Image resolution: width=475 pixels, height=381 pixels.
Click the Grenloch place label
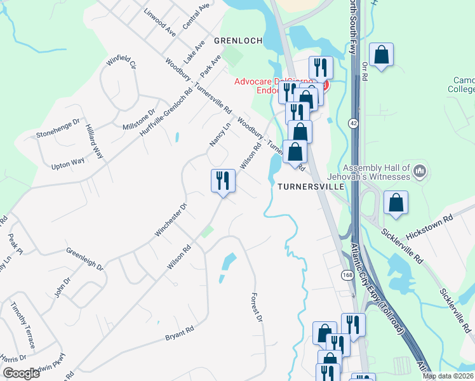(x=238, y=41)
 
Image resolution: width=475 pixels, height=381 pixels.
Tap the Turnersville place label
(x=311, y=187)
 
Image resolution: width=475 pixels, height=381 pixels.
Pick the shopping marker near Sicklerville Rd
(x=396, y=203)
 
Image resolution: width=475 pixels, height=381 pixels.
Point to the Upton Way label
(x=68, y=163)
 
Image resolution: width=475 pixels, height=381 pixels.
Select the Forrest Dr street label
(x=257, y=307)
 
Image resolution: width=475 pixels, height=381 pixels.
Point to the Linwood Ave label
(x=159, y=22)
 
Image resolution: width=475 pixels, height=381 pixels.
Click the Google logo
(x=20, y=373)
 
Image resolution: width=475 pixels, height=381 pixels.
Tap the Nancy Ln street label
(x=220, y=135)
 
